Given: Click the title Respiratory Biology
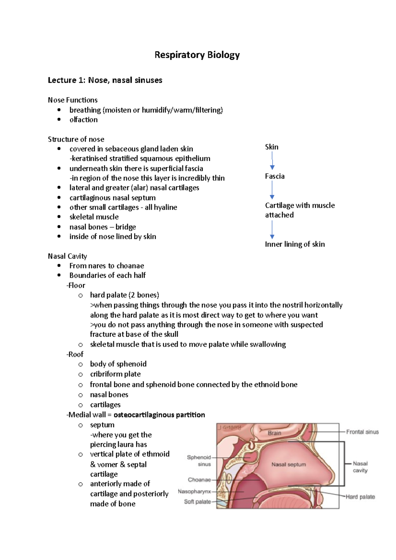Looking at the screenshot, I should pyautogui.click(x=197, y=55).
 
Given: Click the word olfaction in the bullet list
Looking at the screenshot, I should pyautogui.click(x=83, y=120).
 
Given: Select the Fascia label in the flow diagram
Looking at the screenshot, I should pyautogui.click(x=275, y=176).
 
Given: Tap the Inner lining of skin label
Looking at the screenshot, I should pyautogui.click(x=295, y=244).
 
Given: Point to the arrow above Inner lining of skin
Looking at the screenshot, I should pyautogui.click(x=272, y=230).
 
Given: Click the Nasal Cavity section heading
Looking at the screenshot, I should pyautogui.click(x=67, y=256).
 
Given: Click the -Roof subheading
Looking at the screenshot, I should pyautogui.click(x=75, y=354).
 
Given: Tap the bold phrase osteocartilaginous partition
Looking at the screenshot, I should pyautogui.click(x=159, y=415).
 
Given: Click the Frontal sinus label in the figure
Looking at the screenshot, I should pyautogui.click(x=362, y=432).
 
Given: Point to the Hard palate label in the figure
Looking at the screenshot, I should pyautogui.click(x=360, y=497).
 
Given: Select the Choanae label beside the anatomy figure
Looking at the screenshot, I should pyautogui.click(x=199, y=480).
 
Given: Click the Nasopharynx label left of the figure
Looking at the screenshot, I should pyautogui.click(x=194, y=492).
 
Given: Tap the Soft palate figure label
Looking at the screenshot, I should pyautogui.click(x=197, y=502).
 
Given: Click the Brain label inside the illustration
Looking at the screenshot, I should pyautogui.click(x=274, y=433).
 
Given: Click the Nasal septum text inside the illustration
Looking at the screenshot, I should pyautogui.click(x=288, y=464).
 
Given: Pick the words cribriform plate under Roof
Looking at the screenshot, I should pyautogui.click(x=115, y=374).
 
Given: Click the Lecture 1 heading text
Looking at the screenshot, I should pyautogui.click(x=105, y=80).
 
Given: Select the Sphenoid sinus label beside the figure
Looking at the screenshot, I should pyautogui.click(x=199, y=461).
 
